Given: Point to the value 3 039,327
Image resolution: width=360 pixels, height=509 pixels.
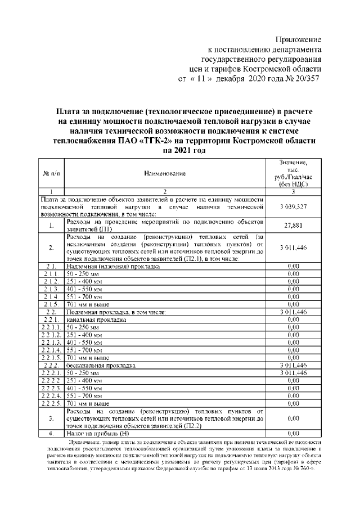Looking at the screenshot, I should [x=292, y=208].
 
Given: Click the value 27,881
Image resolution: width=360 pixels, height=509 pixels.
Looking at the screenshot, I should [x=292, y=226].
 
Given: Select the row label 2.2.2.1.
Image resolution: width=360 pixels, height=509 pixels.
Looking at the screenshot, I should [x=51, y=373].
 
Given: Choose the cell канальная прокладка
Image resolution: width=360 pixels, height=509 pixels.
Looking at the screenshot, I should [x=96, y=319].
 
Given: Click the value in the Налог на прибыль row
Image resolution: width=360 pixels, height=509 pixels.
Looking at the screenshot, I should [x=292, y=434].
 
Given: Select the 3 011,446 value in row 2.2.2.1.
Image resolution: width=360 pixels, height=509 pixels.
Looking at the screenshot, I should [x=292, y=373].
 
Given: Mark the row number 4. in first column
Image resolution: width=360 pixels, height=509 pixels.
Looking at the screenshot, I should [x=51, y=434].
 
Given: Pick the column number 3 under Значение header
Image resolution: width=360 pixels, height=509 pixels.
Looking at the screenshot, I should [x=292, y=192].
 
